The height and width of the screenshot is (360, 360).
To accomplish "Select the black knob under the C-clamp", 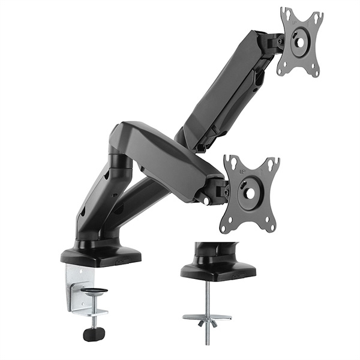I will tap(94, 334).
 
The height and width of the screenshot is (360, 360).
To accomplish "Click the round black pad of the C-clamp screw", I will tap(94, 291).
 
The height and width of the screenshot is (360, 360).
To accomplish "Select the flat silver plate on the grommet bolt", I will tap(207, 316).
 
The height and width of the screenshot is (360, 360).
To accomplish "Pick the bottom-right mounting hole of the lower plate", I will tap(269, 227).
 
